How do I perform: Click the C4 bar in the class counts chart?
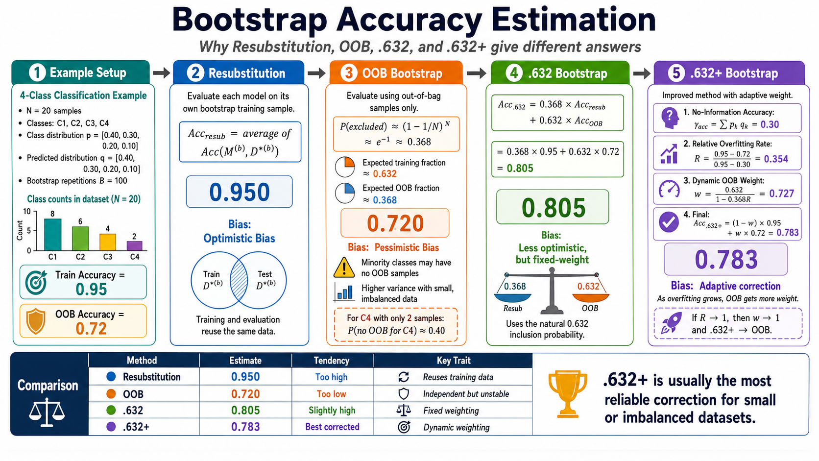click(135, 245)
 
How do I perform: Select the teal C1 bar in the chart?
click(52, 234)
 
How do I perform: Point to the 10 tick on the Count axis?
click(27, 211)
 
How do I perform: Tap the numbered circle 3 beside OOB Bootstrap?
click(348, 73)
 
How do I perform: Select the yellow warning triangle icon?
click(344, 267)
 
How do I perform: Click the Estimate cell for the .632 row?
click(245, 410)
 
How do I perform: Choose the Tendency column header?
click(332, 361)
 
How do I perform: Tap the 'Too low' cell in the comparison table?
click(331, 394)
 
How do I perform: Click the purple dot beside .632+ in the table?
click(111, 427)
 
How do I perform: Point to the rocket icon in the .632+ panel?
click(671, 323)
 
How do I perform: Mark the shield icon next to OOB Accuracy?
click(36, 321)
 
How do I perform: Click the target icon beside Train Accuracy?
click(36, 282)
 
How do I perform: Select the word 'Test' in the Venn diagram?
click(265, 274)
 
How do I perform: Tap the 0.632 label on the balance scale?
click(588, 286)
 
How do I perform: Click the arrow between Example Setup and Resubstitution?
click(161, 73)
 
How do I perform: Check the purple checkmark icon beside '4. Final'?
click(669, 222)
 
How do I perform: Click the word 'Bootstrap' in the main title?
click(250, 20)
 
